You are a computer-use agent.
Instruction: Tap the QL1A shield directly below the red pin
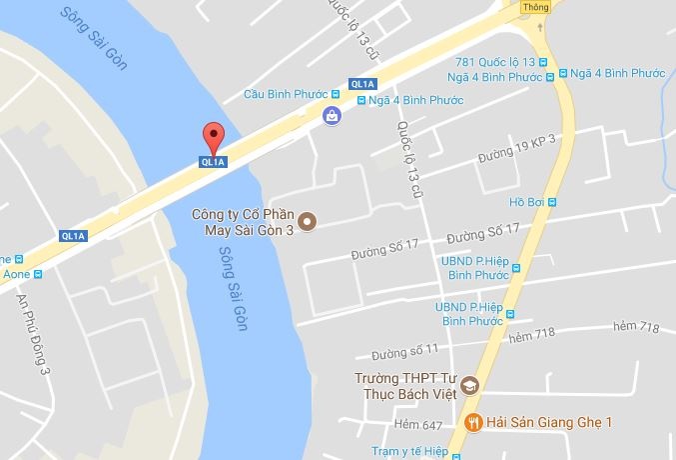click(212, 161)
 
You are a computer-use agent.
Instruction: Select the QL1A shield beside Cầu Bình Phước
click(360, 83)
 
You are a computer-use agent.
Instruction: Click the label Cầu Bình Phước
click(286, 95)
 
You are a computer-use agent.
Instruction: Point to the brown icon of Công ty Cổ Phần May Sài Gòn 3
click(309, 221)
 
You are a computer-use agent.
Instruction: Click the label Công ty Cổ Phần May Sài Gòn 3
click(245, 221)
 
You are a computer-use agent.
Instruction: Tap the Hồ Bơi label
click(524, 201)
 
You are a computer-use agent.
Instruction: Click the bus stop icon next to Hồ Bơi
click(551, 201)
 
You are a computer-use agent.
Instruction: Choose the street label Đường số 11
click(404, 352)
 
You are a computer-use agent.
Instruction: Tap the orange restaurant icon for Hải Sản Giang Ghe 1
click(473, 422)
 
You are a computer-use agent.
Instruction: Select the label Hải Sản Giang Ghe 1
click(544, 422)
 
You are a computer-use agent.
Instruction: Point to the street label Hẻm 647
click(416, 424)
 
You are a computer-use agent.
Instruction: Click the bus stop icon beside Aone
click(38, 273)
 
